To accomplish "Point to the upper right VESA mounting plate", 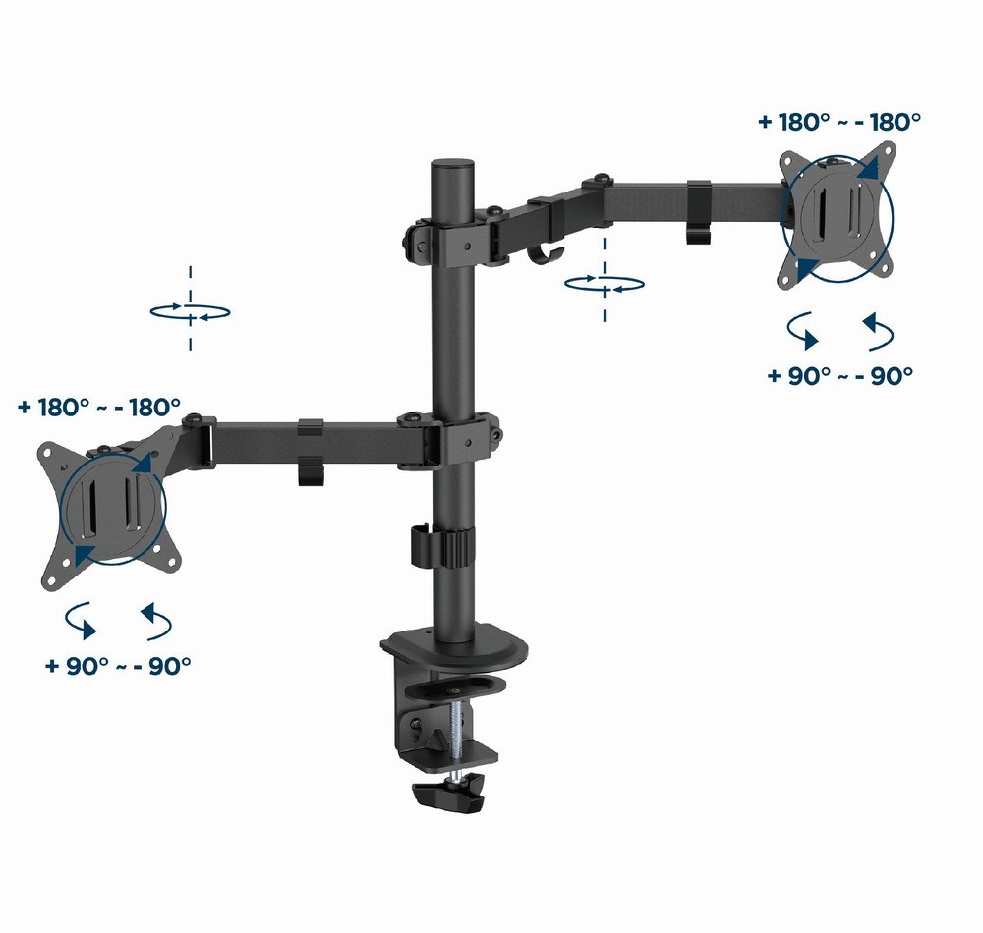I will pyautogui.click(x=839, y=216).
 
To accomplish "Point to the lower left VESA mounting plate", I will pyautogui.click(x=112, y=511).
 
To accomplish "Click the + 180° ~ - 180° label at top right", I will pyautogui.click(x=839, y=122).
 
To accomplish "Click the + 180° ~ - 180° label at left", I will pyautogui.click(x=99, y=407).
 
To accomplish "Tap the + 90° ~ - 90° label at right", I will pyautogui.click(x=840, y=375).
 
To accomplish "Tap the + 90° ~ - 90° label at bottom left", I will pyautogui.click(x=118, y=665).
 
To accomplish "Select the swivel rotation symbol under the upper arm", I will pyautogui.click(x=605, y=284).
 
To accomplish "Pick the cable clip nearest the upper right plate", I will pyautogui.click(x=699, y=210).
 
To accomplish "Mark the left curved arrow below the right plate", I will pyautogui.click(x=804, y=332).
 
